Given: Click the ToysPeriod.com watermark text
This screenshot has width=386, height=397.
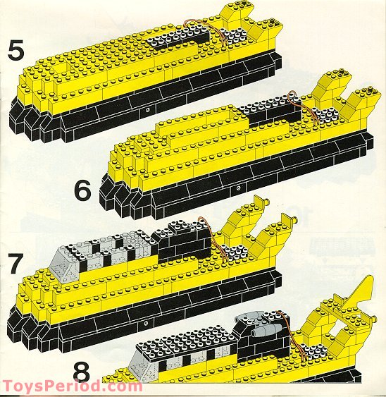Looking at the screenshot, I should pos(70,386).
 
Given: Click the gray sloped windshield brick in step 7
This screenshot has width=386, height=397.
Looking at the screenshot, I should pos(77,258).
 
